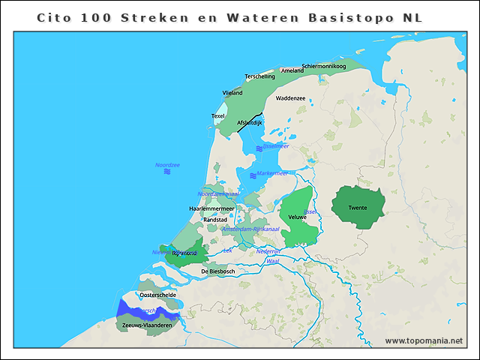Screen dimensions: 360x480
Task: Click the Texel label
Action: pyautogui.click(x=218, y=116)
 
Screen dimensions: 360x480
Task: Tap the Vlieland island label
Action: pyautogui.click(x=232, y=93)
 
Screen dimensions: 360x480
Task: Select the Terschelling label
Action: pyautogui.click(x=260, y=76)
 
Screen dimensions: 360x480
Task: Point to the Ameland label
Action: pyautogui.click(x=292, y=70)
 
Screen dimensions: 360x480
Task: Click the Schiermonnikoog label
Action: pyautogui.click(x=323, y=66)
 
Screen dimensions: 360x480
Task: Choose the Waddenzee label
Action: pyautogui.click(x=290, y=98)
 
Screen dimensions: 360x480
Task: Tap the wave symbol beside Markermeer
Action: pyautogui.click(x=251, y=174)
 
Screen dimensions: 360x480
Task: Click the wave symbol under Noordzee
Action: pyautogui.click(x=167, y=172)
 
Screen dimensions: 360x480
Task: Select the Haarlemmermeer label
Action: pyautogui.click(x=212, y=208)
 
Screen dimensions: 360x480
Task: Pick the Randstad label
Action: pyautogui.click(x=216, y=220)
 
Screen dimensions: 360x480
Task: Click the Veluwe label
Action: pyautogui.click(x=298, y=217)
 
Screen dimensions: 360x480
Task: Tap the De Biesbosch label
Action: pyautogui.click(x=218, y=271)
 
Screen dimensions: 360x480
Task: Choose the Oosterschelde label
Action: pyautogui.click(x=157, y=295)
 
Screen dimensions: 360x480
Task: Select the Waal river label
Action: pyautogui.click(x=273, y=261)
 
